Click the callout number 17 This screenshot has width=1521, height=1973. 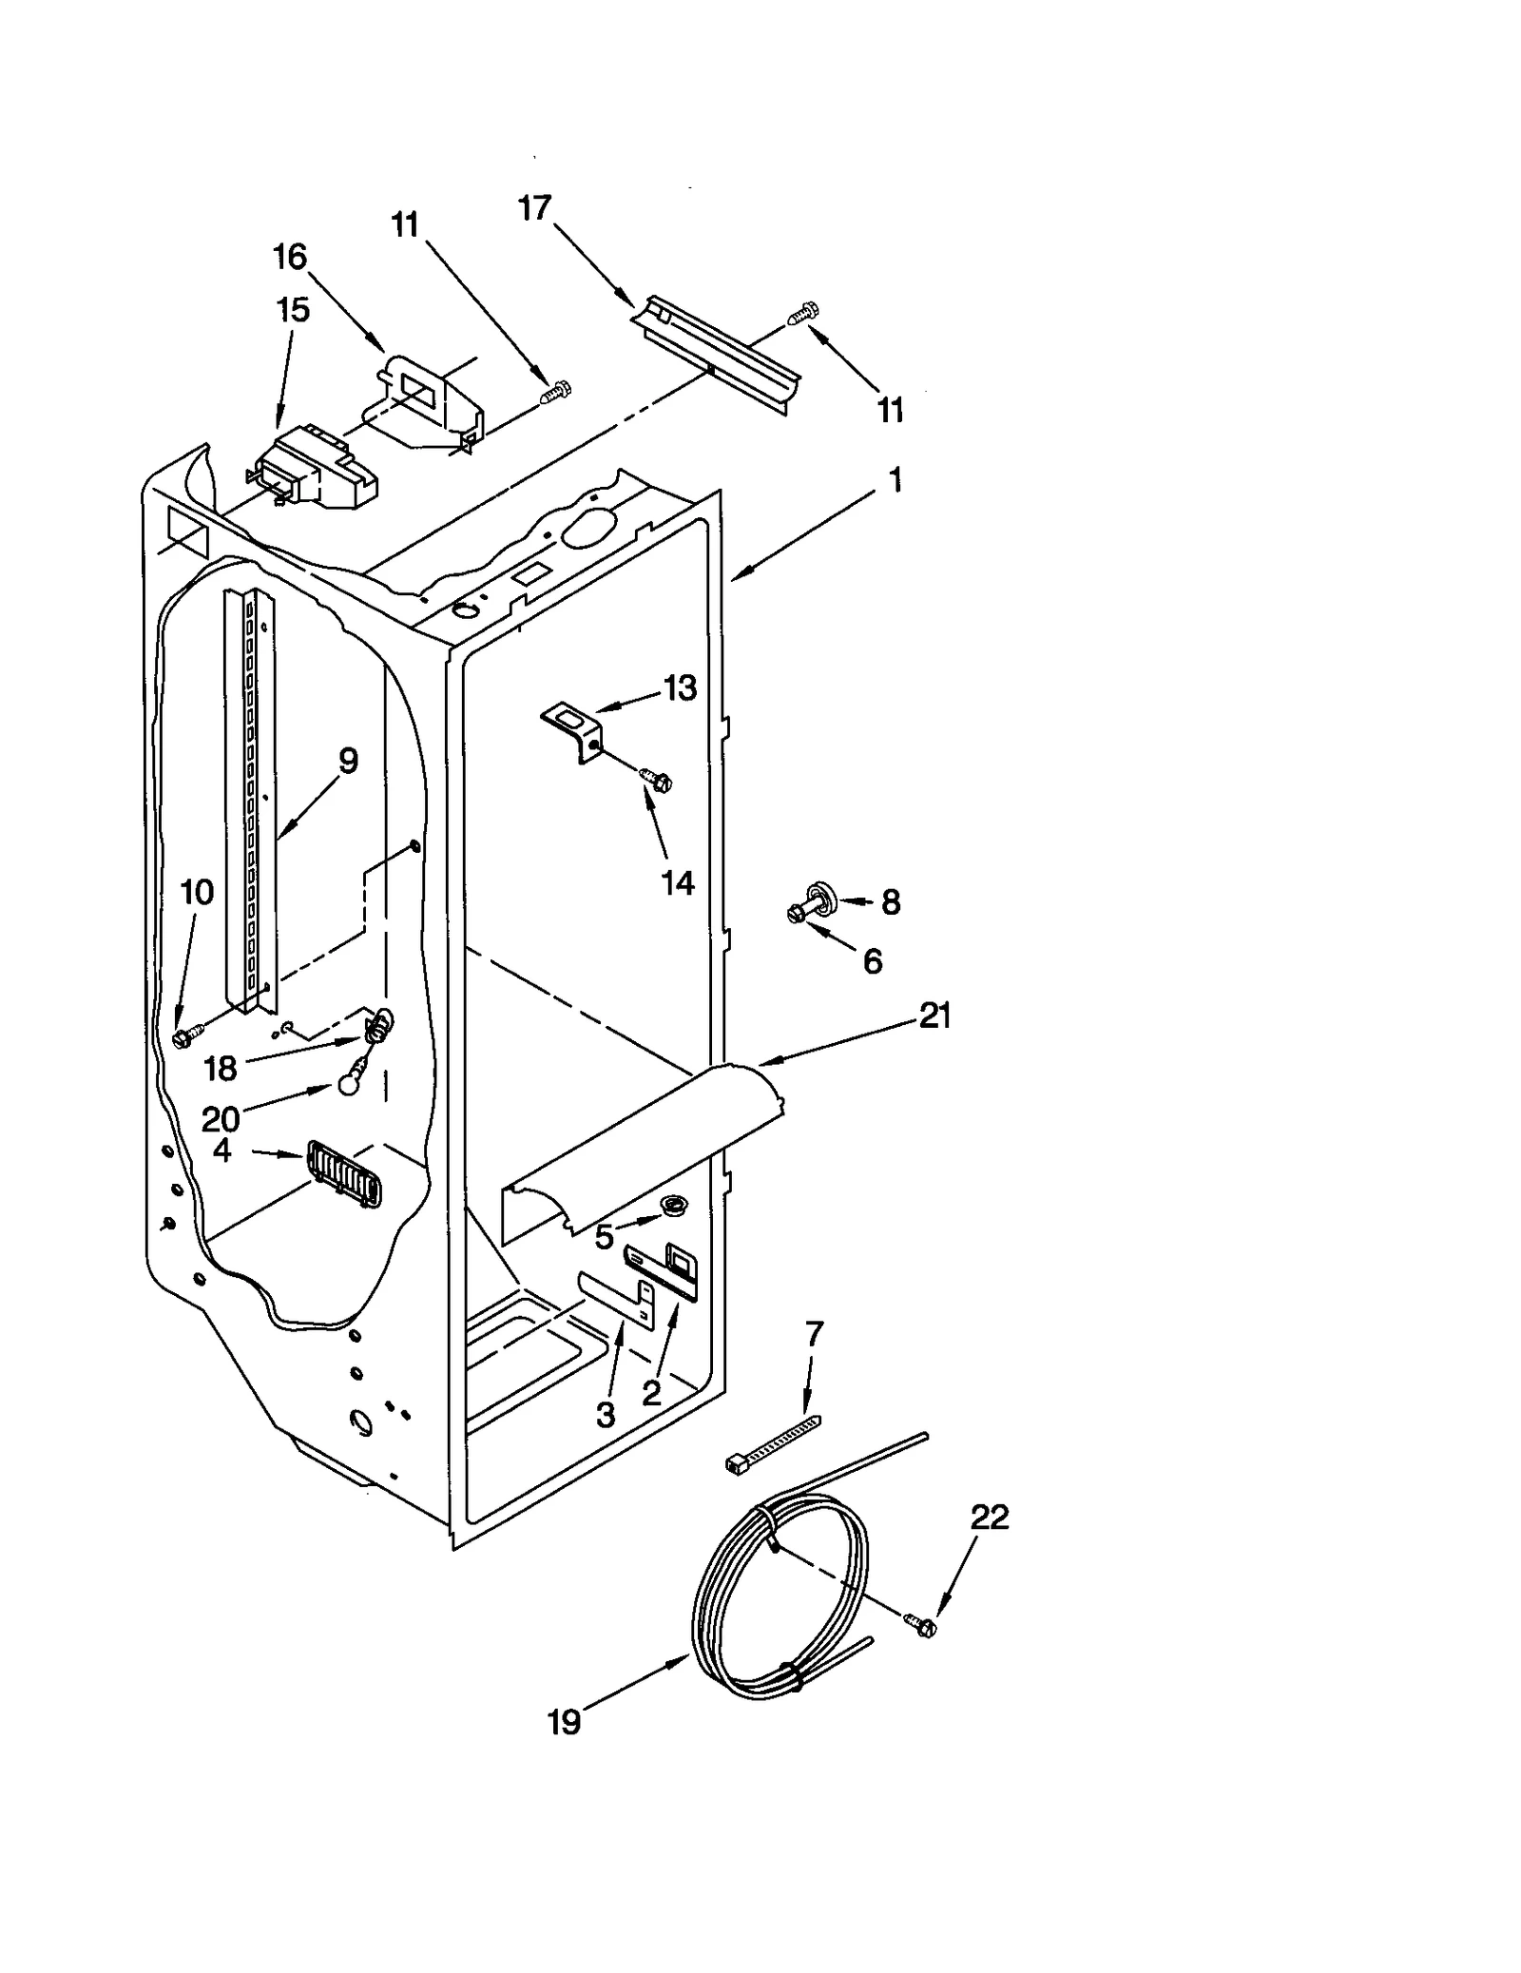click(535, 207)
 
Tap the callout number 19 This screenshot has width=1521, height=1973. click(564, 1722)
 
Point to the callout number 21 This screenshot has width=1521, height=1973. click(934, 1016)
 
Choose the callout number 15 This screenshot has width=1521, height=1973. click(293, 309)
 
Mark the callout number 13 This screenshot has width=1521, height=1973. click(680, 687)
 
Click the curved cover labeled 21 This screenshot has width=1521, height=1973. click(646, 1141)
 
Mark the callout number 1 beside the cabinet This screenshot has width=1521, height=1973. click(894, 480)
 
